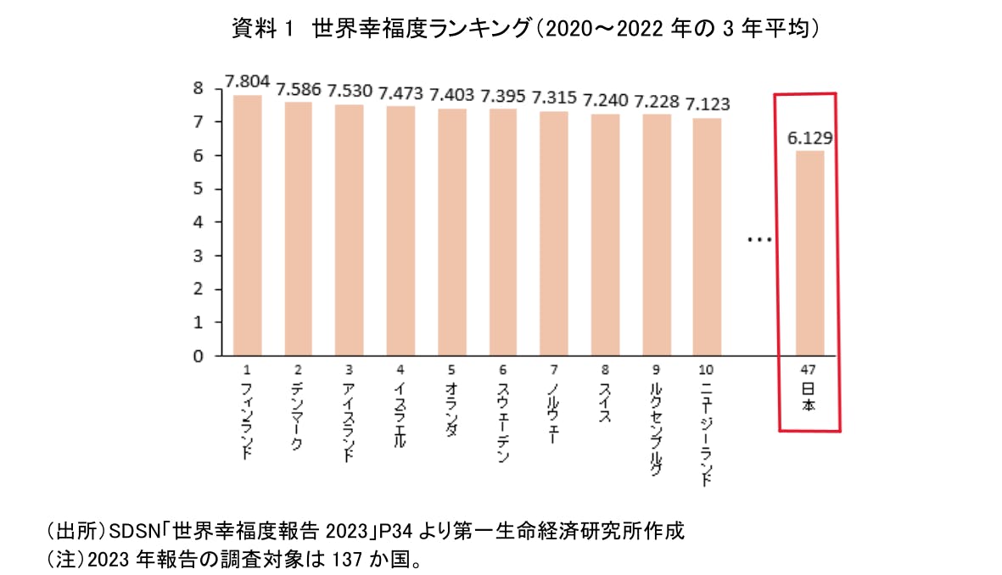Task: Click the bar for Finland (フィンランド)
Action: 247,226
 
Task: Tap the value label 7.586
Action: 299,89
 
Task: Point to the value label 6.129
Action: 809,137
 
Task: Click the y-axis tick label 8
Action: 198,89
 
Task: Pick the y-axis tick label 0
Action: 198,357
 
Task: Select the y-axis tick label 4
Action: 198,223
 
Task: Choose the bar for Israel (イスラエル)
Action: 400,232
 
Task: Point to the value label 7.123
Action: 708,104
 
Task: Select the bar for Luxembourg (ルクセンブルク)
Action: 656,236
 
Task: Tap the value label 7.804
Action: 247,81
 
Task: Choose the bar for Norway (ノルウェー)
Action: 554,234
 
